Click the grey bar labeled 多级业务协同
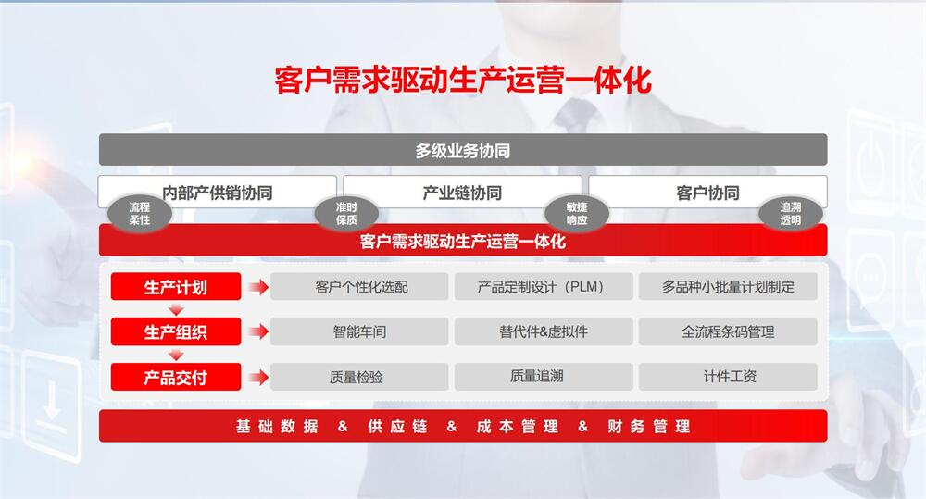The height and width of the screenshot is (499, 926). point(462,150)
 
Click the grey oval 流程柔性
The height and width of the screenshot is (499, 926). point(140,213)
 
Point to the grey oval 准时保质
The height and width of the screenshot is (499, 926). point(346,213)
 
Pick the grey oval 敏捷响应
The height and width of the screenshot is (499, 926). point(576,213)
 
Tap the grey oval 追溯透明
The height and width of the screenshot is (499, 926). point(790,213)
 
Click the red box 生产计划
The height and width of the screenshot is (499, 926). point(175,286)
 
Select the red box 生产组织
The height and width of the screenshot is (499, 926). point(175,331)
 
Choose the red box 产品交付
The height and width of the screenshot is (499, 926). point(175,377)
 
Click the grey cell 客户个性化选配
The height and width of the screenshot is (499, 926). point(359,286)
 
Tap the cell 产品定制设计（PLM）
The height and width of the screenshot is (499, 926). point(544,286)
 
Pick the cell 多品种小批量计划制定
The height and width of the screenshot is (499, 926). point(728,286)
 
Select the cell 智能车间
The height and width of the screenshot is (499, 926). point(359,331)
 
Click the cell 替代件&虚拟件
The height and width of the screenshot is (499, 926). point(544,331)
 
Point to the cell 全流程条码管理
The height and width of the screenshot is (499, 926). point(728,331)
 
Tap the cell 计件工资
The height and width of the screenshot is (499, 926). point(728,377)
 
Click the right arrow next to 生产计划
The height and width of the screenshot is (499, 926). point(258,287)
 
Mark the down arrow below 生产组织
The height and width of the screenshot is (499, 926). point(176,355)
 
